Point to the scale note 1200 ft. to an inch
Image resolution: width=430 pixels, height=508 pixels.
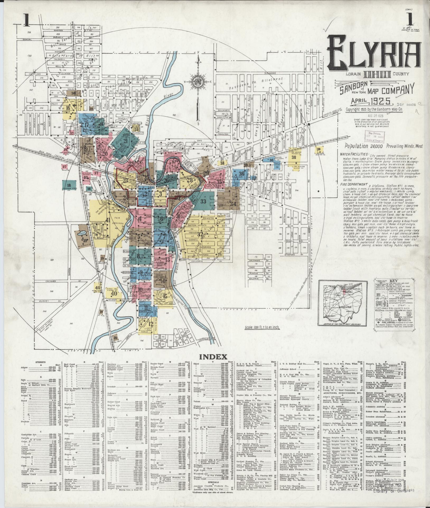(x=262, y=327)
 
